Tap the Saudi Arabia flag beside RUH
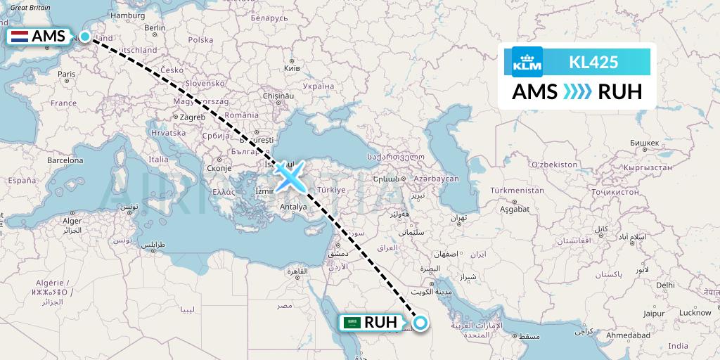pos(352,323)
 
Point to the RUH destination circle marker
pos(420,323)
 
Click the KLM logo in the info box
pos(527,62)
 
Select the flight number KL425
pos(593,62)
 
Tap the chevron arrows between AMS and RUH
pos(577,91)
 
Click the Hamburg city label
pos(127,15)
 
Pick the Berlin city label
pos(154,28)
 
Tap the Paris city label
pos(65,74)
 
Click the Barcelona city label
pos(65,160)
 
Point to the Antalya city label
pos(293,207)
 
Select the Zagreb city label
pos(192,117)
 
